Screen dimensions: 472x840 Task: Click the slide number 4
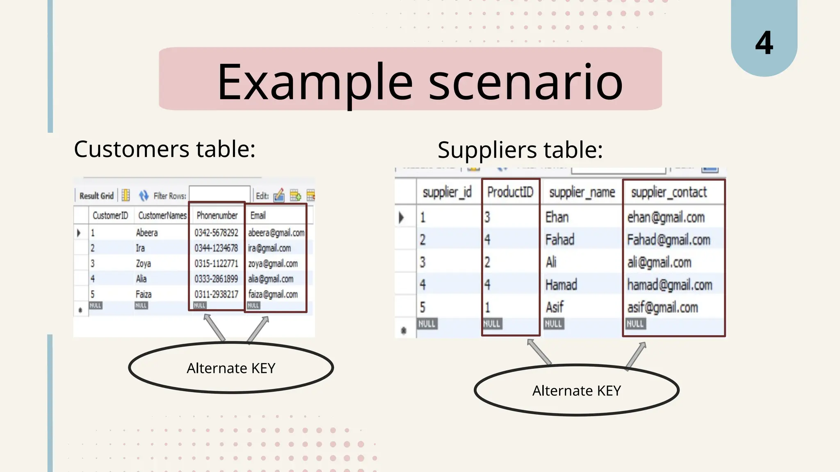(764, 43)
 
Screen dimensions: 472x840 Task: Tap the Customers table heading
(164, 149)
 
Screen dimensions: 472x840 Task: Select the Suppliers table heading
(520, 150)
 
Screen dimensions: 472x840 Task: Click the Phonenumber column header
(217, 216)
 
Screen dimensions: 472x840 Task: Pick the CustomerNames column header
(162, 216)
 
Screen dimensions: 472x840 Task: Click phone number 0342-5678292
(216, 233)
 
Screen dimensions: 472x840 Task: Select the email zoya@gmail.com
(273, 264)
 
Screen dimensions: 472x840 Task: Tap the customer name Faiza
(144, 294)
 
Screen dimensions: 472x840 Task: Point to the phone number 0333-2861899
(216, 279)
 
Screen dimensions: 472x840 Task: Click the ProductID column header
(510, 192)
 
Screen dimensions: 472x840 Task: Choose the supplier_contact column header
(669, 192)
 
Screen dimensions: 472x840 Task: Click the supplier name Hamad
(561, 285)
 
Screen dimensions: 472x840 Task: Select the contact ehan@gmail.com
(666, 217)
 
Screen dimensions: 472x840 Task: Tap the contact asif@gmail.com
(662, 307)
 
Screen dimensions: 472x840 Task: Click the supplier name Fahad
(559, 240)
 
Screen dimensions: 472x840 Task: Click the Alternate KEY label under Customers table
(231, 368)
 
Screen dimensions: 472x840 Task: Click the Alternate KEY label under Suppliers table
(576, 390)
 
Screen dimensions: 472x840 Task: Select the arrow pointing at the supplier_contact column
(636, 355)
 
